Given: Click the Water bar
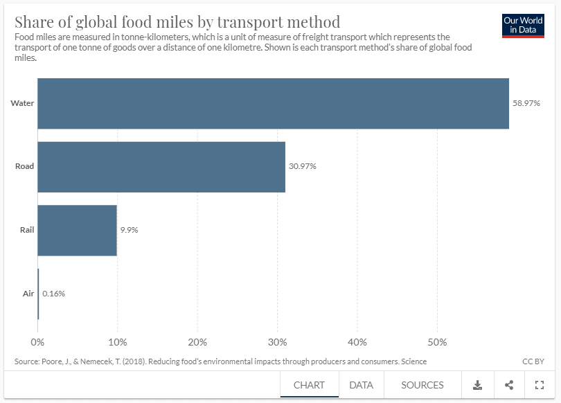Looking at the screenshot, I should coord(273,104).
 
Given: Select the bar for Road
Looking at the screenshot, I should coord(161,167).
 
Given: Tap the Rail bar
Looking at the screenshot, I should coord(77,230).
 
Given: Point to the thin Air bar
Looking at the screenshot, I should coord(38,294).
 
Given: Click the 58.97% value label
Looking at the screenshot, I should coord(526,103).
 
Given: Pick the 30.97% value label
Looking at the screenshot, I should coord(303,167).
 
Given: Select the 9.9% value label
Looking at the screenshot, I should coord(129,230).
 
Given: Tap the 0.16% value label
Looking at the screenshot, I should coord(53,294).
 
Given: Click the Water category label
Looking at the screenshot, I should coord(22,103).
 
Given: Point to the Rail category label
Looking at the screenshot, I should coord(26,230).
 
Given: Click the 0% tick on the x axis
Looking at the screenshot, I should coord(37,342).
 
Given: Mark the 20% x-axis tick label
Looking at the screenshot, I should coord(197,342).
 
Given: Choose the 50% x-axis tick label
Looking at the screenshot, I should coord(437,342).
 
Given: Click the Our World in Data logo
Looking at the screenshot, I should coord(523,26).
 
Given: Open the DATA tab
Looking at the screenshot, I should coord(361,385).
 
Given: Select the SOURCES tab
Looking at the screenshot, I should coord(422,385).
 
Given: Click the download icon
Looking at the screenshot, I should coord(477,385).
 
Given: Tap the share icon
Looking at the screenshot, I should coord(509,385).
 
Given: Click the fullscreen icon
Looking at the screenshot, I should coord(540,385).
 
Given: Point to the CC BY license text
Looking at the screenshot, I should coord(533,361).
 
